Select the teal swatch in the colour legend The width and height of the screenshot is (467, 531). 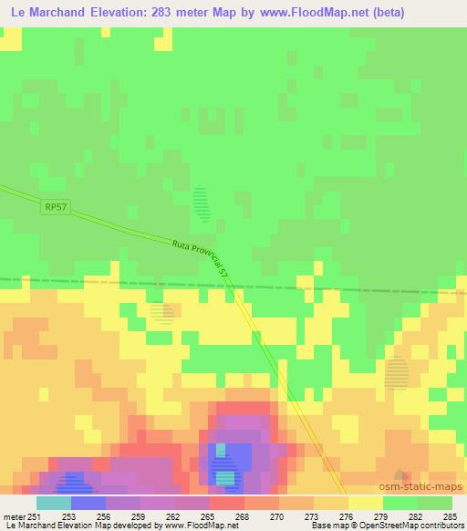click(53, 504)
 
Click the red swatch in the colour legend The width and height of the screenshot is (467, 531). click(226, 504)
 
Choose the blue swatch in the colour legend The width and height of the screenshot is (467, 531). click(88, 504)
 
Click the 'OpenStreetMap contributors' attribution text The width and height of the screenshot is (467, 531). click(406, 526)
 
